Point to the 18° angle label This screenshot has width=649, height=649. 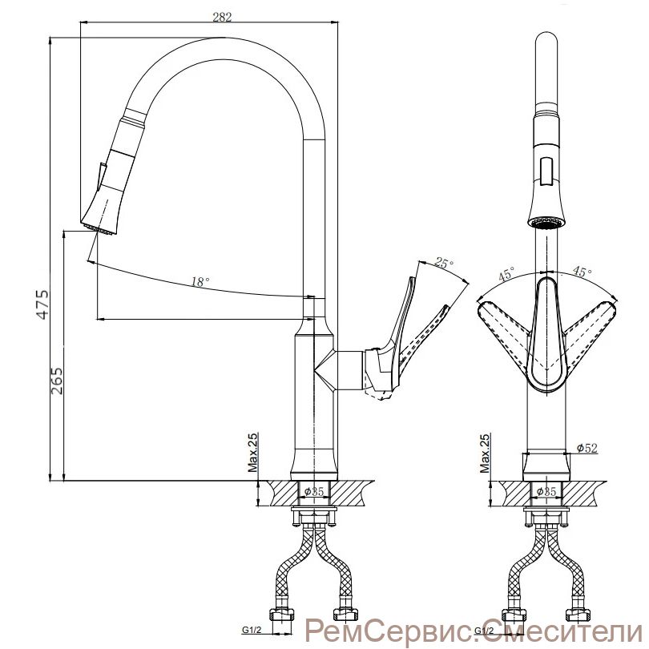point(200,282)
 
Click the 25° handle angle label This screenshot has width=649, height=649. point(443,264)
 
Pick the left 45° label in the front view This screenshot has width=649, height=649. point(506,275)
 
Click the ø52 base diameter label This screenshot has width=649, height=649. point(587,448)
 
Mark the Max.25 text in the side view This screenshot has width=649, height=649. point(252,453)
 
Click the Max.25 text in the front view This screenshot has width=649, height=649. point(486,453)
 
